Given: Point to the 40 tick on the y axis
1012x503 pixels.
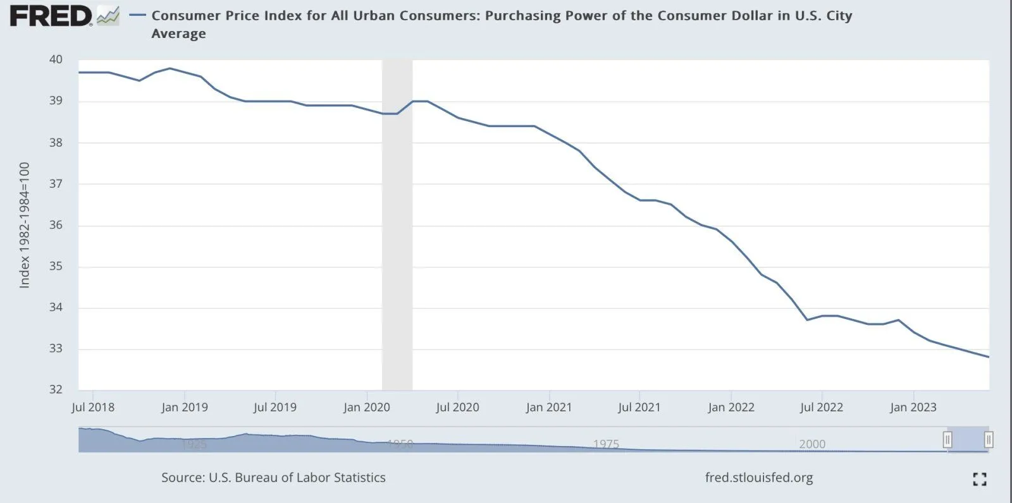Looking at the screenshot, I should point(56,59).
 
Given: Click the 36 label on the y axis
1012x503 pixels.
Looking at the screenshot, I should point(56,225).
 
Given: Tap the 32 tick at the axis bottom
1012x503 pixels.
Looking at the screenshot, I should point(56,389).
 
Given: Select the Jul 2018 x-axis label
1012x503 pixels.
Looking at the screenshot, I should point(93,408).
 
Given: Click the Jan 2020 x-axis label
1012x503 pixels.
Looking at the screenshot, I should point(367,408).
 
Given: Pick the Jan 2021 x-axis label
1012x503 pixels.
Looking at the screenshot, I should point(549,408).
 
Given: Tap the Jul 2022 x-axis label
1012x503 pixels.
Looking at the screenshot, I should point(822,408).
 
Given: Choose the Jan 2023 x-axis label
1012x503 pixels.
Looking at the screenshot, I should point(913,408).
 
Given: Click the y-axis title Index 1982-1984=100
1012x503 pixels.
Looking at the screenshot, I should point(25,226).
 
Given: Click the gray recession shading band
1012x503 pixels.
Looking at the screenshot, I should point(397,253).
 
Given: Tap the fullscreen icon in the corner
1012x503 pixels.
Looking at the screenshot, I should point(980,479).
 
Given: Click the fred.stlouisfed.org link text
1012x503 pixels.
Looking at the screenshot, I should point(759,478).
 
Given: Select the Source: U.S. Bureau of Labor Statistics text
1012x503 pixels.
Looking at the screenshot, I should point(273,478).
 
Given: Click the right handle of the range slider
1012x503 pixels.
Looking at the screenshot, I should point(989,439).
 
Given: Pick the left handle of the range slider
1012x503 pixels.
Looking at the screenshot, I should point(947,439).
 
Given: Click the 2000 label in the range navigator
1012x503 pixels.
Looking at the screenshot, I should point(812,444).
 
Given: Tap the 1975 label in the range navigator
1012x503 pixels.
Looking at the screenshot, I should point(606,444).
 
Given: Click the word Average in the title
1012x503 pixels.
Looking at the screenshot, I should point(178,34).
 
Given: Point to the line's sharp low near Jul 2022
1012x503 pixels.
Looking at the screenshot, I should point(807,320).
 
